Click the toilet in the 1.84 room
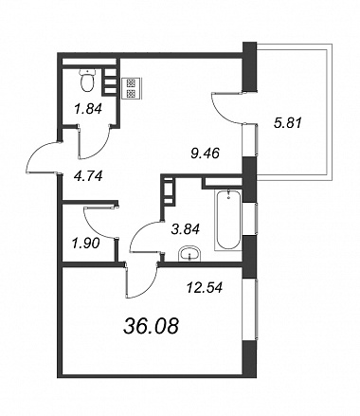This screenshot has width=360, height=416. (87, 81)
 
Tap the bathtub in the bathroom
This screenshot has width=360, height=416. (228, 220)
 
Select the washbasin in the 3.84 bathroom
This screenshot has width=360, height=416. (189, 254)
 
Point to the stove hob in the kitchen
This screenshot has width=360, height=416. (132, 88)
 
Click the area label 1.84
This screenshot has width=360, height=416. (88, 109)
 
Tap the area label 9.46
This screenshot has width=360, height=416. (205, 154)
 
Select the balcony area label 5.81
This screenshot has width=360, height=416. (288, 122)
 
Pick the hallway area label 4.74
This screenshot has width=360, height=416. (88, 176)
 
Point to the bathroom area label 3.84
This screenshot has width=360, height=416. (186, 228)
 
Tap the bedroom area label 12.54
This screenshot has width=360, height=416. (205, 287)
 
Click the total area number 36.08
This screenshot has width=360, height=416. (151, 326)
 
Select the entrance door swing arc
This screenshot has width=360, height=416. (35, 151)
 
